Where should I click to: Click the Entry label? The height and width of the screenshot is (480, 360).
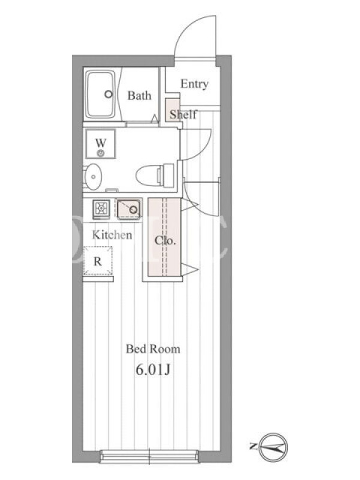click(x=194, y=83)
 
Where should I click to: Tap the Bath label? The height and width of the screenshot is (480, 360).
click(x=139, y=95)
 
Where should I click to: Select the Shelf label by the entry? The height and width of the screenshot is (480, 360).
click(x=183, y=115)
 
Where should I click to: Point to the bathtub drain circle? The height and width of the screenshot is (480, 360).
click(x=109, y=94)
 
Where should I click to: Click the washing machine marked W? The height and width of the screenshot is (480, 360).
click(x=100, y=144)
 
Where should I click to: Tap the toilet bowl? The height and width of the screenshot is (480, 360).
click(x=147, y=175)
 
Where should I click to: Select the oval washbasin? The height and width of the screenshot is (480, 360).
click(x=92, y=177)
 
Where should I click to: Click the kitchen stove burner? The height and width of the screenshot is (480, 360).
click(x=101, y=209)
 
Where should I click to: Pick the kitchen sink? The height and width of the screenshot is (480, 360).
click(x=129, y=209)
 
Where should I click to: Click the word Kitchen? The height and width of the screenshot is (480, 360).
click(x=112, y=235)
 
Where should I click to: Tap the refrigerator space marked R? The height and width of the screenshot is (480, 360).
click(x=98, y=260)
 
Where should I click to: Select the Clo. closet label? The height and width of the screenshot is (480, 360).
click(x=165, y=241)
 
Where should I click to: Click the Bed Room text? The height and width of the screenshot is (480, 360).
click(x=153, y=349)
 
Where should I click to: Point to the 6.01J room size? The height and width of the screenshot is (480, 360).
click(x=153, y=370)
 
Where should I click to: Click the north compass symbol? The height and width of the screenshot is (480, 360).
click(x=273, y=446)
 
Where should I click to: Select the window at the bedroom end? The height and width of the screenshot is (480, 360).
click(x=149, y=456)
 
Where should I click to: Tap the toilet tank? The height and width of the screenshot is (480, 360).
click(x=166, y=175)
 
